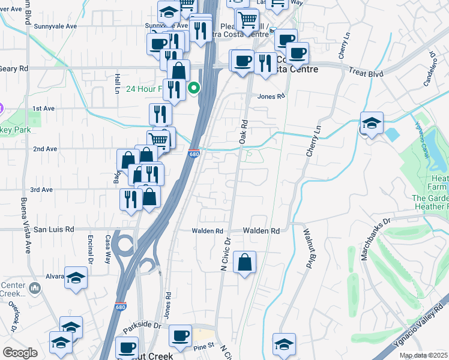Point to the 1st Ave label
pyautogui.click(x=44, y=109)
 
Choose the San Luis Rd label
pyautogui.click(x=53, y=229)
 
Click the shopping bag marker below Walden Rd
pyautogui.click(x=244, y=262)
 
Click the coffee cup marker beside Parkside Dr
pyautogui.click(x=180, y=336)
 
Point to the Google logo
pyautogui.click(x=20, y=353)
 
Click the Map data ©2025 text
pyautogui.click(x=423, y=355)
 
